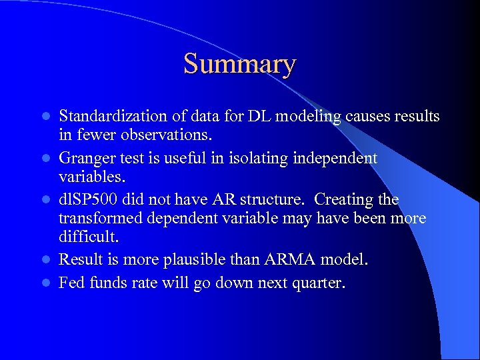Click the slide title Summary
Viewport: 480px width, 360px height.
pos(239,65)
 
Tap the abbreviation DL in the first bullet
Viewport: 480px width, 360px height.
pos(260,117)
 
